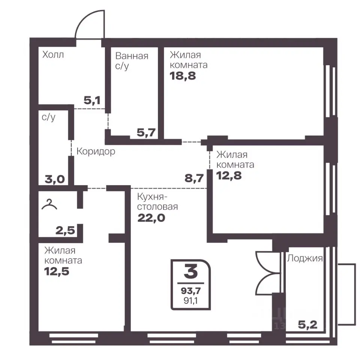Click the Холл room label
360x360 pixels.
[x=53, y=55]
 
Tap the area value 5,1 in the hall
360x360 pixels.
[x=92, y=100]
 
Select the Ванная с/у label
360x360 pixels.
[x=132, y=61]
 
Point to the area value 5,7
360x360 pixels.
[x=146, y=132]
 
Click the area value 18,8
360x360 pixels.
[x=183, y=76]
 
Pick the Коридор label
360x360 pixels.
[x=96, y=151]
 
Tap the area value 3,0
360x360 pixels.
[x=55, y=179]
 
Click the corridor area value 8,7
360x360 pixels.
[x=194, y=178]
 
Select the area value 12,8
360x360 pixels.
[x=229, y=175]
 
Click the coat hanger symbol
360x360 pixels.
[x=49, y=205]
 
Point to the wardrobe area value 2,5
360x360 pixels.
[x=65, y=230]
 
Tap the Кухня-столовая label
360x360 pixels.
[x=157, y=202]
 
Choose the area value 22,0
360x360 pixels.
[x=151, y=217]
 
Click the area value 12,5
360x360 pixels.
[x=57, y=271]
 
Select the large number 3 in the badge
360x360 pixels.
[x=191, y=271]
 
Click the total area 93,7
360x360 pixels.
[x=191, y=291]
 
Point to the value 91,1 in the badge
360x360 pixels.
[x=190, y=301]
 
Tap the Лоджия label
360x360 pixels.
[x=305, y=258]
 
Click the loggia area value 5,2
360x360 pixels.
[x=307, y=325]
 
